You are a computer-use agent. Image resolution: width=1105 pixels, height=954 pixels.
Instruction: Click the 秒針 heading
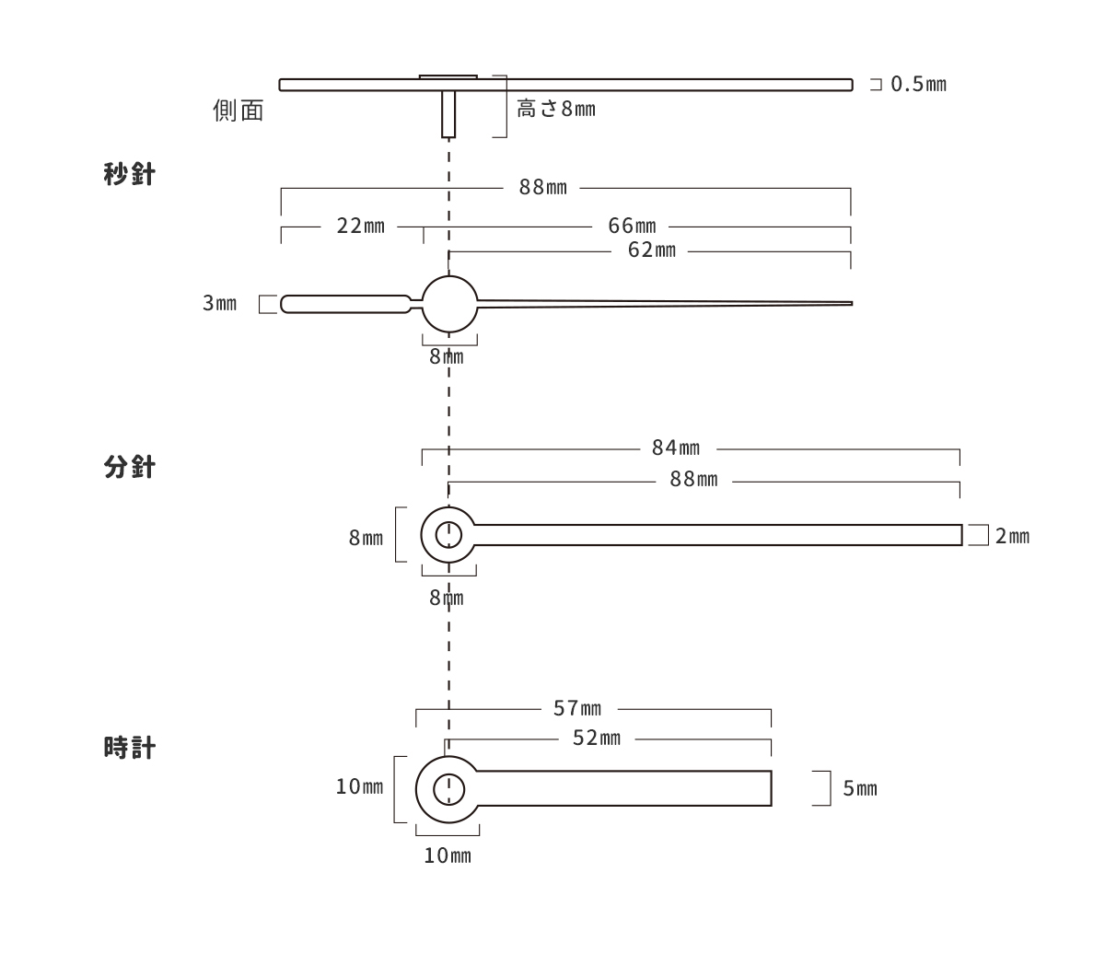point(129,174)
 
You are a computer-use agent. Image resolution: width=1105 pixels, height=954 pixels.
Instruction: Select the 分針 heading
point(129,467)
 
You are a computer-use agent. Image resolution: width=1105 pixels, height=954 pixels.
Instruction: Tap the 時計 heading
point(129,748)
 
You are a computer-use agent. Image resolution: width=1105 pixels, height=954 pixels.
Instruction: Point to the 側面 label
point(238,111)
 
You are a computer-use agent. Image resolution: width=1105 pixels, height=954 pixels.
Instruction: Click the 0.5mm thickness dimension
point(918,84)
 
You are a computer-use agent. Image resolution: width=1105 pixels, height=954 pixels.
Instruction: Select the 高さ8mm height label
point(556,109)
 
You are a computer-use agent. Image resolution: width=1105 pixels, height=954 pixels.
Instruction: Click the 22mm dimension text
point(360,227)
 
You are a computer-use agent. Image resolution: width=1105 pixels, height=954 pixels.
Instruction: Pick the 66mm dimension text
point(632,227)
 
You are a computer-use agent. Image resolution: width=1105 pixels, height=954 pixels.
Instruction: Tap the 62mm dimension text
point(652,250)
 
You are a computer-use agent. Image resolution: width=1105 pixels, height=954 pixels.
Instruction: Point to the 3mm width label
point(219,303)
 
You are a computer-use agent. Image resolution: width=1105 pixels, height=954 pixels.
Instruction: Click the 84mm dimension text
point(676,448)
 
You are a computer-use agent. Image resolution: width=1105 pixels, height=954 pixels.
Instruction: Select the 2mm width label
point(1012,536)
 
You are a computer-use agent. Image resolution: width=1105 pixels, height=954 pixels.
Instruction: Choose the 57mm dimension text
point(577,709)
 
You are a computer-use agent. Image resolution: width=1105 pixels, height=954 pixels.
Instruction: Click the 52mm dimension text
point(597,739)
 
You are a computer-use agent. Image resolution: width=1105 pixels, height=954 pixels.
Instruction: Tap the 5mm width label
point(860,789)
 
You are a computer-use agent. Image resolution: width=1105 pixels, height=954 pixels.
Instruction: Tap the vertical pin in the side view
point(448,114)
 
